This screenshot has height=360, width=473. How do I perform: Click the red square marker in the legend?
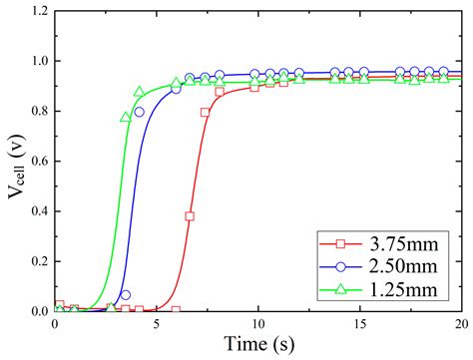(x=338, y=243)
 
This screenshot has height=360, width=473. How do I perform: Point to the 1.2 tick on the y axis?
(x=38, y=12)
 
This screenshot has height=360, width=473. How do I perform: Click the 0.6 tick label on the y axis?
(x=38, y=162)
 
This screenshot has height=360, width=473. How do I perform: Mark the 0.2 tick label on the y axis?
(x=38, y=261)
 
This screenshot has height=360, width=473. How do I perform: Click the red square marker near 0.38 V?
(x=190, y=216)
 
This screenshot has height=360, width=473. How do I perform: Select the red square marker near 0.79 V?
(x=206, y=113)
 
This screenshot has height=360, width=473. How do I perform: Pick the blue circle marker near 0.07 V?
(x=126, y=294)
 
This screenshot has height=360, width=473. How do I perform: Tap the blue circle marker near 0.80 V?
(x=140, y=112)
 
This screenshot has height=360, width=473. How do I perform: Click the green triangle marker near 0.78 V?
(x=125, y=117)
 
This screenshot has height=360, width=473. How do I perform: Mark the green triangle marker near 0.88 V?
(x=139, y=92)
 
